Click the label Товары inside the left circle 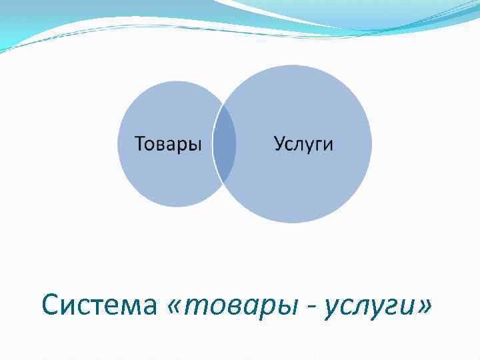pyautogui.click(x=168, y=144)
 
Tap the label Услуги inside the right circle pyautogui.click(x=303, y=144)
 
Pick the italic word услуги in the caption pyautogui.click(x=367, y=307)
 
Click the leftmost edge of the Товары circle pyautogui.click(x=118, y=144)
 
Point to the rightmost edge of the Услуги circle pyautogui.click(x=372, y=144)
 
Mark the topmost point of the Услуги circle pyautogui.click(x=293, y=65)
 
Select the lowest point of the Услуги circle pyautogui.click(x=293, y=223)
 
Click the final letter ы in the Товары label pyautogui.click(x=195, y=145)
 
